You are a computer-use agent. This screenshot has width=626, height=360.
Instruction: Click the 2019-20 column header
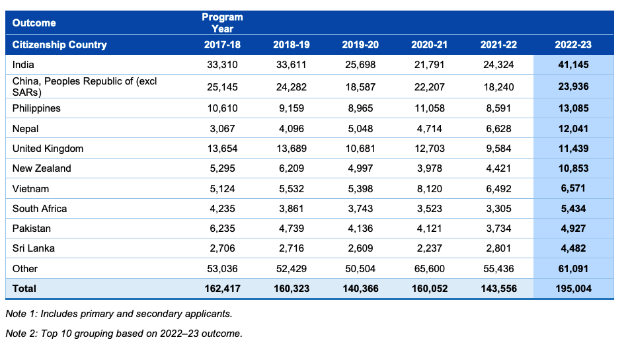(360, 45)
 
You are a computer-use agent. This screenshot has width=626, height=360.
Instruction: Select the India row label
(23, 65)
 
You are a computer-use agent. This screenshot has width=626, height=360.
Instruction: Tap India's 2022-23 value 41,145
(573, 65)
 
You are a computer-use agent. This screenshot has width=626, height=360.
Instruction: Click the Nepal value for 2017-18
(222, 129)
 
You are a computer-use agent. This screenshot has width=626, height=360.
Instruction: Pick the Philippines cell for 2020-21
(430, 108)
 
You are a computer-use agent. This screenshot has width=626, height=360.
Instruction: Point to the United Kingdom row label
(48, 149)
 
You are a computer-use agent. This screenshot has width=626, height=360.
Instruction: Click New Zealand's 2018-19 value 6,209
(292, 168)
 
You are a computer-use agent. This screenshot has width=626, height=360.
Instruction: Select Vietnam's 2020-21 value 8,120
(430, 188)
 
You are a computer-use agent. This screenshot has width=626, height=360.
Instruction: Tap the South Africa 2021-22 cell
(498, 208)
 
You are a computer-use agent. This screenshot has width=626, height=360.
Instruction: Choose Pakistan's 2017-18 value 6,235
(222, 229)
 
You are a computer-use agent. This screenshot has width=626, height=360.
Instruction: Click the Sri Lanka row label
(34, 248)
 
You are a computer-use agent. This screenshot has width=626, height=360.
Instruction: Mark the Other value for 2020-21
(430, 269)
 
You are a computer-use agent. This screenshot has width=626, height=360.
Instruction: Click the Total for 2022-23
(573, 289)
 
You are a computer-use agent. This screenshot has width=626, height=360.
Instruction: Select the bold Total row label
(24, 289)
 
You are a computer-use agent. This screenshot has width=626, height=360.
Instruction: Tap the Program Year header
(222, 22)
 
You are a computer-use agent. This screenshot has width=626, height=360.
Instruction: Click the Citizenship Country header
(59, 45)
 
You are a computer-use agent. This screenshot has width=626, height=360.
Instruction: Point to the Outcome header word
(34, 22)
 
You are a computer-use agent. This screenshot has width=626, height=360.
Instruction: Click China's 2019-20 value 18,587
(360, 87)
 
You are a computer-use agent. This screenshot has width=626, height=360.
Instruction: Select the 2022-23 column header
(573, 45)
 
